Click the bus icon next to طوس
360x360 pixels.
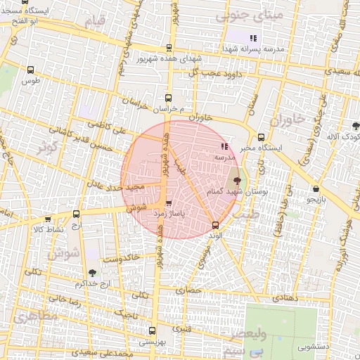pos(30,70)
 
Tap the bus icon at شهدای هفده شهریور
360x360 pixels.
pos(168,48)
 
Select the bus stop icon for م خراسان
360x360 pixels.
pos(167,98)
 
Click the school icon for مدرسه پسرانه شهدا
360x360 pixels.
pos(253,37)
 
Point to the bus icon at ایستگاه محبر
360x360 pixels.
pos(262,137)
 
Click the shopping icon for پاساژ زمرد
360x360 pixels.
pos(167,204)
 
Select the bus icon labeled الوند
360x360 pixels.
pos(215,224)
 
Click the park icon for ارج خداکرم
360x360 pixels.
pos(94,272)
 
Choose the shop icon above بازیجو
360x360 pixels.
pos(317,188)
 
